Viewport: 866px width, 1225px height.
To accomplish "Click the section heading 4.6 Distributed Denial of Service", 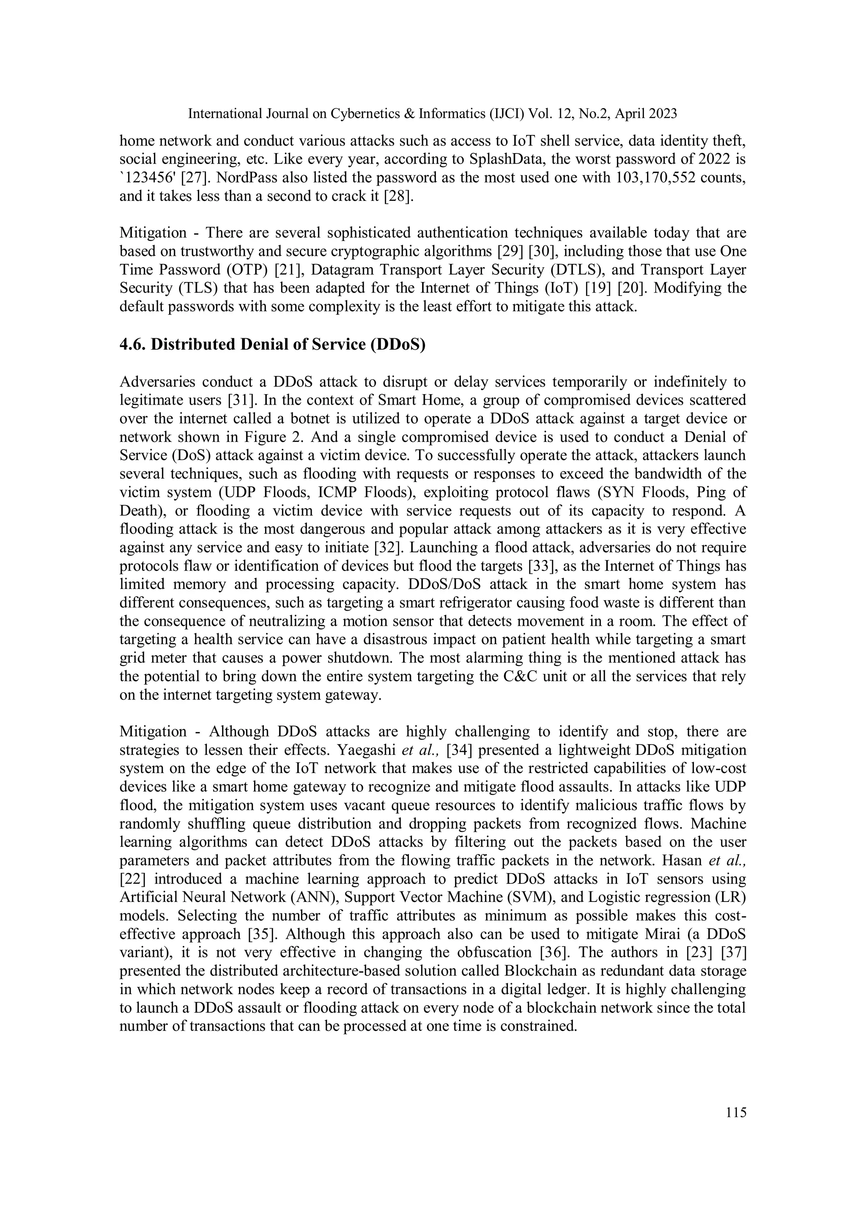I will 272,345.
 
